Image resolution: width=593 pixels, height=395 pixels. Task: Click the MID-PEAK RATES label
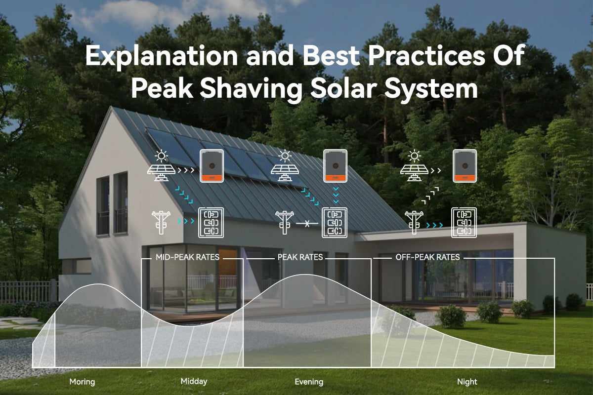[187, 257]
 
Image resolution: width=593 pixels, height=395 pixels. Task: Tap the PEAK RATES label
[300, 257]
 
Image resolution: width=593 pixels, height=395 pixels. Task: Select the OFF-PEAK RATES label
[427, 257]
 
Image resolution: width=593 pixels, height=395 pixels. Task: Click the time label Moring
[82, 382]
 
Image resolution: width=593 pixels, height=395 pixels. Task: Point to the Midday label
[194, 381]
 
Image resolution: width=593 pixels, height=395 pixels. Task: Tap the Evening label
[309, 382]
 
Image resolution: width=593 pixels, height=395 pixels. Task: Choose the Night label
[467, 382]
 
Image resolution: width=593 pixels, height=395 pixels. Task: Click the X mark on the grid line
[306, 224]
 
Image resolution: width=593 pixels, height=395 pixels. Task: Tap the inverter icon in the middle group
[335, 166]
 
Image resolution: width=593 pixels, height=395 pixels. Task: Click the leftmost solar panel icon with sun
[161, 166]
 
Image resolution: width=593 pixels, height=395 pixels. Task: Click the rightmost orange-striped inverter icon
[465, 166]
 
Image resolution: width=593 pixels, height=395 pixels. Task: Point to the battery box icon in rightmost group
[464, 222]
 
